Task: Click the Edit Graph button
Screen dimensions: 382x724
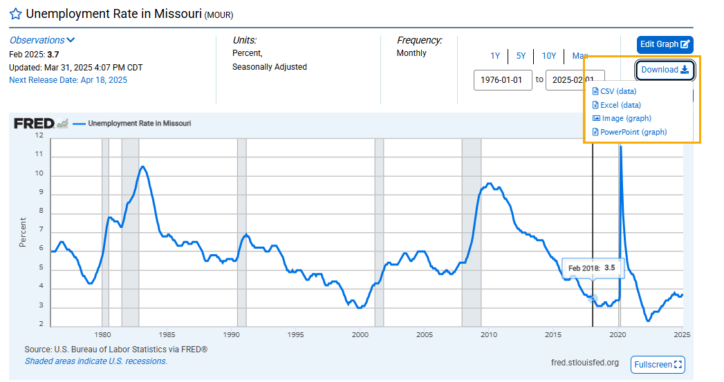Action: point(665,44)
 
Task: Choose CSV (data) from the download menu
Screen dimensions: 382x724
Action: point(618,91)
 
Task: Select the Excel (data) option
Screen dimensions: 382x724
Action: point(620,105)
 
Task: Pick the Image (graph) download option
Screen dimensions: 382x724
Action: point(626,118)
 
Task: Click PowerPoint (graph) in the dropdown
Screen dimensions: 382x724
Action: point(633,132)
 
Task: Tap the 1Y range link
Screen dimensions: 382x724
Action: point(495,56)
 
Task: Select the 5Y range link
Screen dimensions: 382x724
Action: point(521,56)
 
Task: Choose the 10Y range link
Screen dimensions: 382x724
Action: point(549,56)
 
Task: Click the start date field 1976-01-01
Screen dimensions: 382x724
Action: point(503,79)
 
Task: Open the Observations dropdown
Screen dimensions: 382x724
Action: point(42,40)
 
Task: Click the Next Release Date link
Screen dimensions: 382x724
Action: point(68,80)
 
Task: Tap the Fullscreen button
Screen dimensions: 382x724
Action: point(657,364)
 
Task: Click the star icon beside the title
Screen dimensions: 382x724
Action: point(15,14)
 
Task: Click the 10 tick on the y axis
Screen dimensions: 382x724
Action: point(39,173)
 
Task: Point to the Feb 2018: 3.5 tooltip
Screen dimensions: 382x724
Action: point(591,267)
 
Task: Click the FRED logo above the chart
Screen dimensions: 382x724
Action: point(34,123)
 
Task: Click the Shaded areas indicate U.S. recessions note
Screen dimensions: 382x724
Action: point(96,361)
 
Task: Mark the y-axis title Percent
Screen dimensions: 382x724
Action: point(23,232)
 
